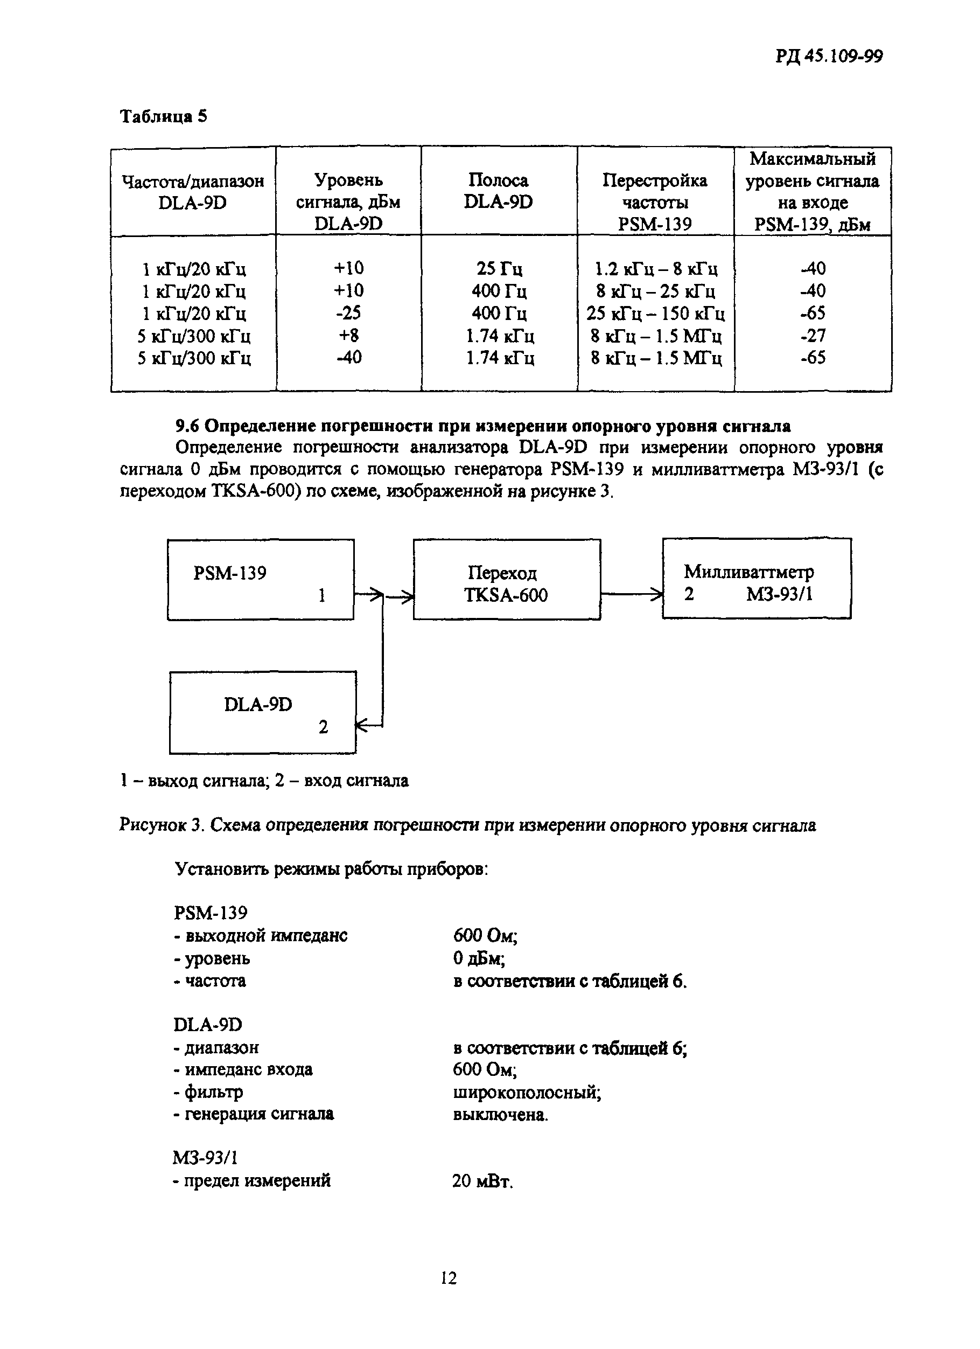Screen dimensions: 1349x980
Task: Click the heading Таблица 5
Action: pyautogui.click(x=164, y=116)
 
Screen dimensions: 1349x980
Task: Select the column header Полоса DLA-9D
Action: pyautogui.click(x=498, y=191)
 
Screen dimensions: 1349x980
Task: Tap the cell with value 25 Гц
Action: pyautogui.click(x=499, y=269)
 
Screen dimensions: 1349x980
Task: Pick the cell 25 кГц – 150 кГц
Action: pyautogui.click(x=655, y=314)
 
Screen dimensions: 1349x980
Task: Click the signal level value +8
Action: pyautogui.click(x=348, y=336)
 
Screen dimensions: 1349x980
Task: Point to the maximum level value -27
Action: pyautogui.click(x=813, y=336)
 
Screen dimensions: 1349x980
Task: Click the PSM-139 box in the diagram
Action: pyautogui.click(x=261, y=580)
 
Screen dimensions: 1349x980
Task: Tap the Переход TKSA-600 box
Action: pyautogui.click(x=506, y=580)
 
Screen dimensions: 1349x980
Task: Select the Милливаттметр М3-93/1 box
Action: pyautogui.click(x=756, y=579)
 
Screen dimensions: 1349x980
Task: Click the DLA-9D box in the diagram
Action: pyautogui.click(x=262, y=713)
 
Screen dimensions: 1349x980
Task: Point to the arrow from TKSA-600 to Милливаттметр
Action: pyautogui.click(x=631, y=594)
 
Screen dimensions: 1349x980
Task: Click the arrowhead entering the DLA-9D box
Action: pyautogui.click(x=360, y=726)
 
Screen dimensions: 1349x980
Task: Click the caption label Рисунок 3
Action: pyautogui.click(x=162, y=825)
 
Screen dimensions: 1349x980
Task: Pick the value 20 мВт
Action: pyautogui.click(x=482, y=1181)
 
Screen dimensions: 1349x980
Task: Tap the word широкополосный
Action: pyautogui.click(x=526, y=1092)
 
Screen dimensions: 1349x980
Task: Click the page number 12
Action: pyautogui.click(x=449, y=1278)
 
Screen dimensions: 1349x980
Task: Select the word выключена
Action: pyautogui.click(x=500, y=1114)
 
